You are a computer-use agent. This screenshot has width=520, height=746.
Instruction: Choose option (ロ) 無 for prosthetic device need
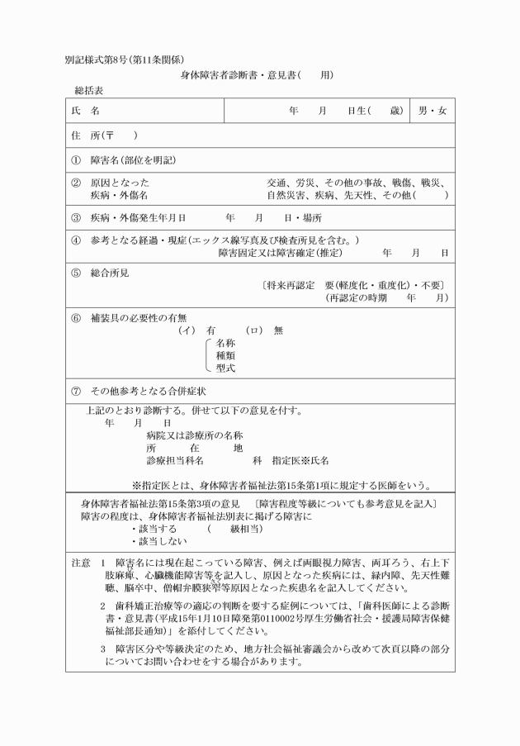pyautogui.click(x=264, y=330)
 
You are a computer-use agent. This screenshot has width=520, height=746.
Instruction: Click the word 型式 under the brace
pyautogui.click(x=225, y=368)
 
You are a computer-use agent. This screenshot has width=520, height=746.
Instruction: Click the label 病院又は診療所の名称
pyautogui.click(x=194, y=435)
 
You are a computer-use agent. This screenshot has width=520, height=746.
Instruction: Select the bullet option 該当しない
pyautogui.click(x=158, y=541)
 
